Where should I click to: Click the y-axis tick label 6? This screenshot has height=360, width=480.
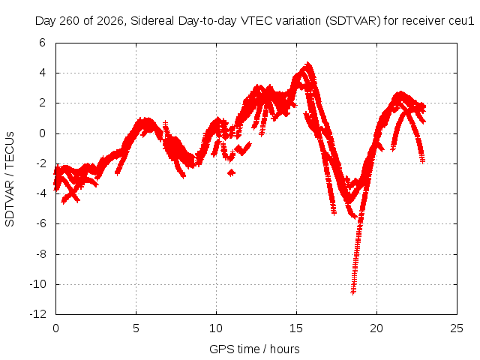click(x=42, y=43)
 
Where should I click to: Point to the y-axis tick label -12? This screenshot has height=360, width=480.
click(x=38, y=314)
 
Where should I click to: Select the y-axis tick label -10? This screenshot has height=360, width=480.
click(x=38, y=284)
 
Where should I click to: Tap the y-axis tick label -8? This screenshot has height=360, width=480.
click(x=40, y=254)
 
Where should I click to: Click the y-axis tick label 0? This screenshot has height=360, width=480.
click(x=42, y=133)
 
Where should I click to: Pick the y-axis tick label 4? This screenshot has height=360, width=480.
click(x=42, y=73)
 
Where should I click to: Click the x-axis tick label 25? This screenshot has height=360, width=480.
click(x=457, y=328)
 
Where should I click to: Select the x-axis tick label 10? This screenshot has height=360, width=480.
click(x=216, y=328)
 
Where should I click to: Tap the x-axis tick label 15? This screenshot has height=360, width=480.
click(x=296, y=328)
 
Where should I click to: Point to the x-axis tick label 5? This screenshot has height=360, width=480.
click(x=136, y=328)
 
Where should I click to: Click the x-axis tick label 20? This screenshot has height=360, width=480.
click(x=376, y=328)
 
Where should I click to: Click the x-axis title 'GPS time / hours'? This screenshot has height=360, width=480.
click(x=254, y=349)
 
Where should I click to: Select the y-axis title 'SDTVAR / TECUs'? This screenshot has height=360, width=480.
click(x=10, y=179)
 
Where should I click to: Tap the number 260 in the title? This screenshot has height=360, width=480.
click(x=70, y=21)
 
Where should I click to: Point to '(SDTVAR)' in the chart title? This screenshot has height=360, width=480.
click(x=352, y=21)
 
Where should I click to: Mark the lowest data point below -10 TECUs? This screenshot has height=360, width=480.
click(x=353, y=293)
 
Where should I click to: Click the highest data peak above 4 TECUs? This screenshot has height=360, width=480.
click(x=308, y=64)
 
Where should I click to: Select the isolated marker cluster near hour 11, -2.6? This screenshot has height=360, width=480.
click(x=232, y=173)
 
